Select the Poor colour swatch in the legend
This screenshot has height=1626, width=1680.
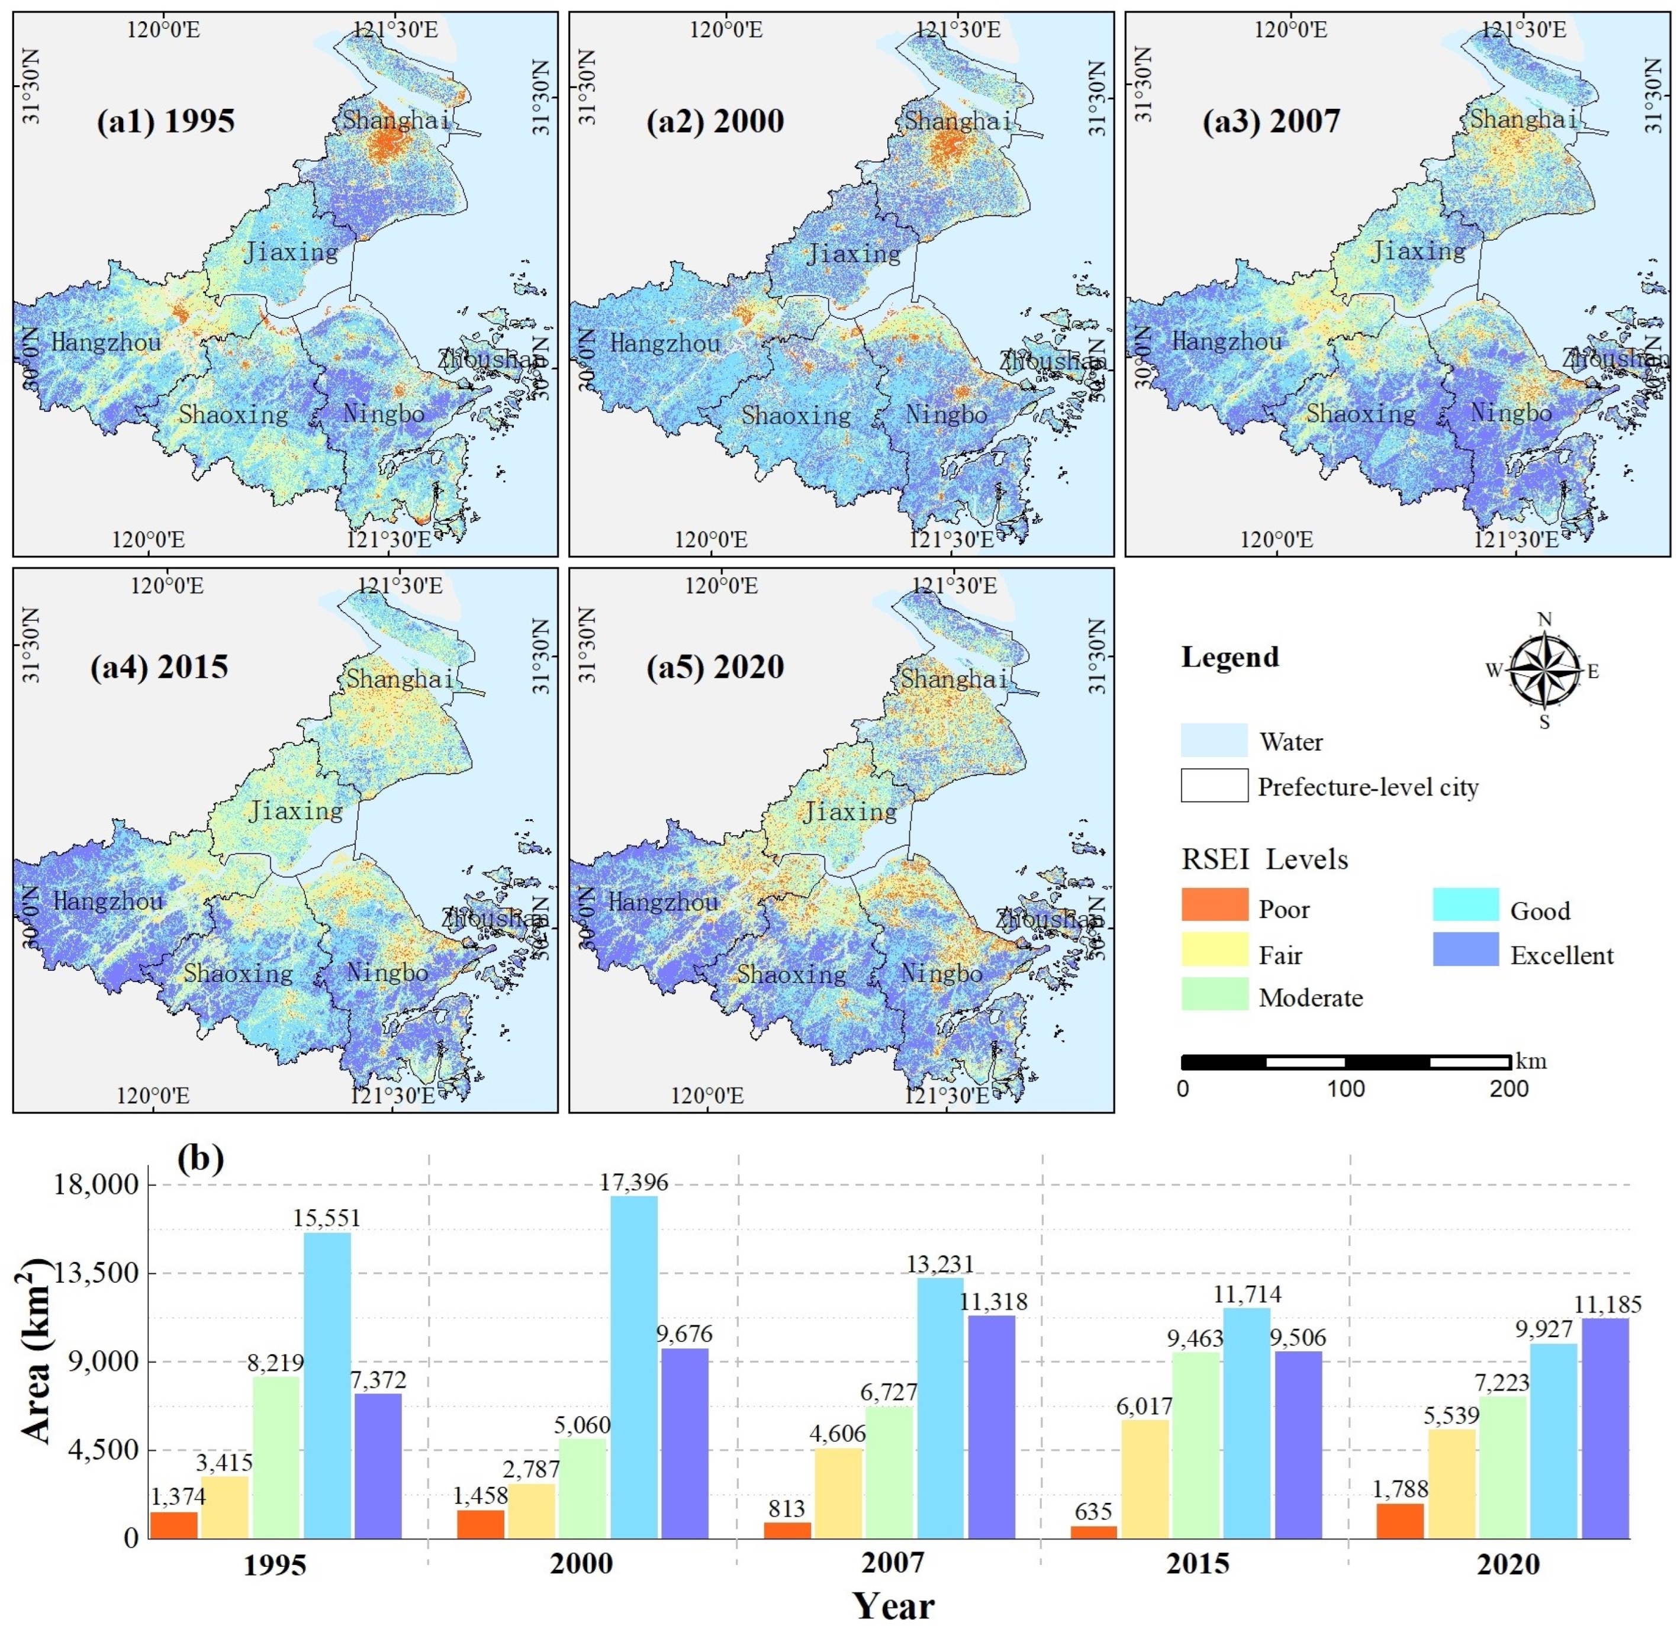pos(1214,905)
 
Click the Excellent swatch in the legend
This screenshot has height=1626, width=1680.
pos(1466,949)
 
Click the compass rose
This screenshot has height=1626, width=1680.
pos(1544,670)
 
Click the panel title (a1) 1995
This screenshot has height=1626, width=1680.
pos(165,121)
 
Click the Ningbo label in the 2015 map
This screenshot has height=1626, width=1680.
pos(387,973)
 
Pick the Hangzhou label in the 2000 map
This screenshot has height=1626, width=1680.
pos(664,344)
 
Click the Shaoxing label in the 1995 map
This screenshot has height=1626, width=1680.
pos(233,415)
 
